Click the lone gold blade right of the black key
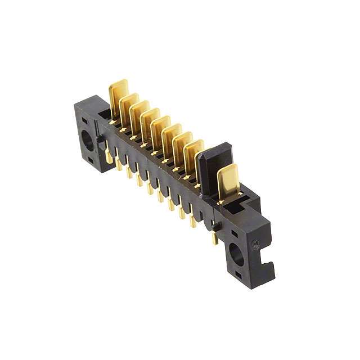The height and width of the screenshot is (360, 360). [x=227, y=180]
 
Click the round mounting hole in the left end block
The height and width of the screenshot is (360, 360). [x=88, y=139]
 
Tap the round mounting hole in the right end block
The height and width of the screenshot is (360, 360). [x=236, y=255]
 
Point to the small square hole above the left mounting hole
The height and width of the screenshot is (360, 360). [x=84, y=120]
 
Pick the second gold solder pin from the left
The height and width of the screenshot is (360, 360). [x=119, y=164]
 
